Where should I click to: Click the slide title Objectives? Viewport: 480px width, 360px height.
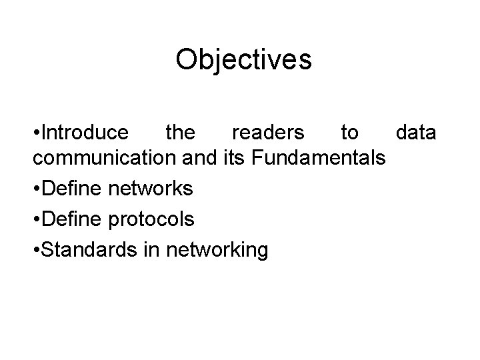pos(243,60)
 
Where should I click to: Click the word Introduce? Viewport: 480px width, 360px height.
pos(85,133)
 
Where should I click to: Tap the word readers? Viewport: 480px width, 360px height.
pos(267,133)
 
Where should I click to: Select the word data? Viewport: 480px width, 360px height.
pos(416,133)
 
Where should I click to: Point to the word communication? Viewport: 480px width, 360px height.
pos(103,159)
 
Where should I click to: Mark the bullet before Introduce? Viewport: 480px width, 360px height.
pos(35,133)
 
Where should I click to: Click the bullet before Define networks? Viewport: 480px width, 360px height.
pos(35,189)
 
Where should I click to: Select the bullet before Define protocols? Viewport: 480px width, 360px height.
pos(35,219)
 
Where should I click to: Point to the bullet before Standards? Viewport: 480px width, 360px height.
pos(35,250)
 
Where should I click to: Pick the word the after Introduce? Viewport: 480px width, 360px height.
pos(180,133)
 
